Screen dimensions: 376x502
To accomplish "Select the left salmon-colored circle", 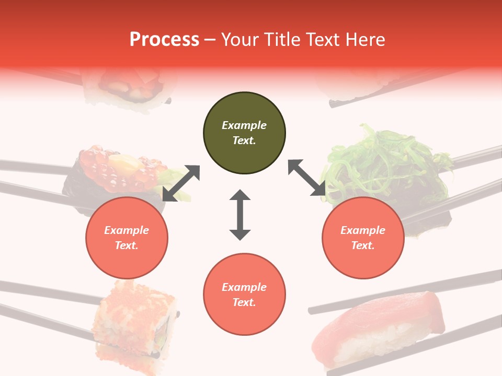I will click(x=127, y=238).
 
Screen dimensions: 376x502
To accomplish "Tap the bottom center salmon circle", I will click(x=244, y=295).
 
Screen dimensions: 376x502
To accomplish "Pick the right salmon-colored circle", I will click(x=363, y=238).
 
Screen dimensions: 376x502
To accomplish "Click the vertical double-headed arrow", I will click(x=240, y=215).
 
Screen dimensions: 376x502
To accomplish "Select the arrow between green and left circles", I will click(x=181, y=183).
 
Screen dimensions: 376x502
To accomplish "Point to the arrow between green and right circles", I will click(x=307, y=178).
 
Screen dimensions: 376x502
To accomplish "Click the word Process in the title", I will click(x=164, y=40).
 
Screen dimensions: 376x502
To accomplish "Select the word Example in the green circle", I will click(x=244, y=125).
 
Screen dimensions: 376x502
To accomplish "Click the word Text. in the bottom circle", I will click(x=244, y=302).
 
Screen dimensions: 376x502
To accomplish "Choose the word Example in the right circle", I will click(x=363, y=230).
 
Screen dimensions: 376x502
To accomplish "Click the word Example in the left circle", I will click(x=127, y=230).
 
